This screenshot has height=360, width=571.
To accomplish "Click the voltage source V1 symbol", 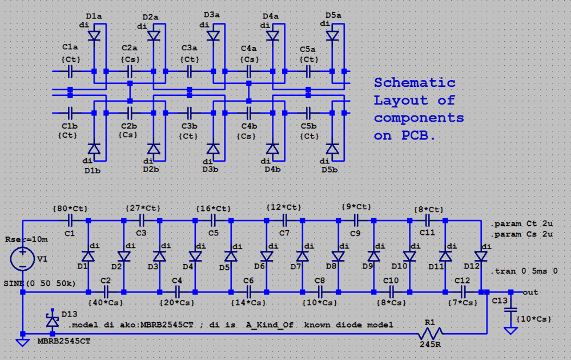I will coord(23,258).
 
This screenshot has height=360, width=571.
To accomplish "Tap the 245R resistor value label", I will coord(429,345).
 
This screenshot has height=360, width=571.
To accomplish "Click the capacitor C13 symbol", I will coord(510,309).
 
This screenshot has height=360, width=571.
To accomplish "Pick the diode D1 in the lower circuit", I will coord(88,256).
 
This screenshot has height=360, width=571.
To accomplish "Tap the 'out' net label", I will coord(530,292).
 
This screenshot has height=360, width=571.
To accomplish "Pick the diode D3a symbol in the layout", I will coord(213,36).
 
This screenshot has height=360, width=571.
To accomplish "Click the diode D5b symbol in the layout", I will coord(332,149).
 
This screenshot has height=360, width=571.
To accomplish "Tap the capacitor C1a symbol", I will coord(70,71).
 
